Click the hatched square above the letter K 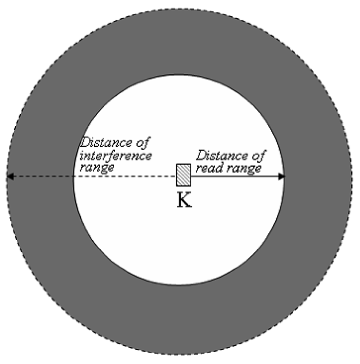pyautogui.click(x=184, y=175)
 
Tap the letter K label pyautogui.click(x=184, y=201)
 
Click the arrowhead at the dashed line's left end pyautogui.click(x=10, y=177)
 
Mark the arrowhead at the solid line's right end pyautogui.click(x=281, y=177)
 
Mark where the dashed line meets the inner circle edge pyautogui.click(x=74, y=177)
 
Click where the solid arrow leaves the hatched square pyautogui.click(x=191, y=177)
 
